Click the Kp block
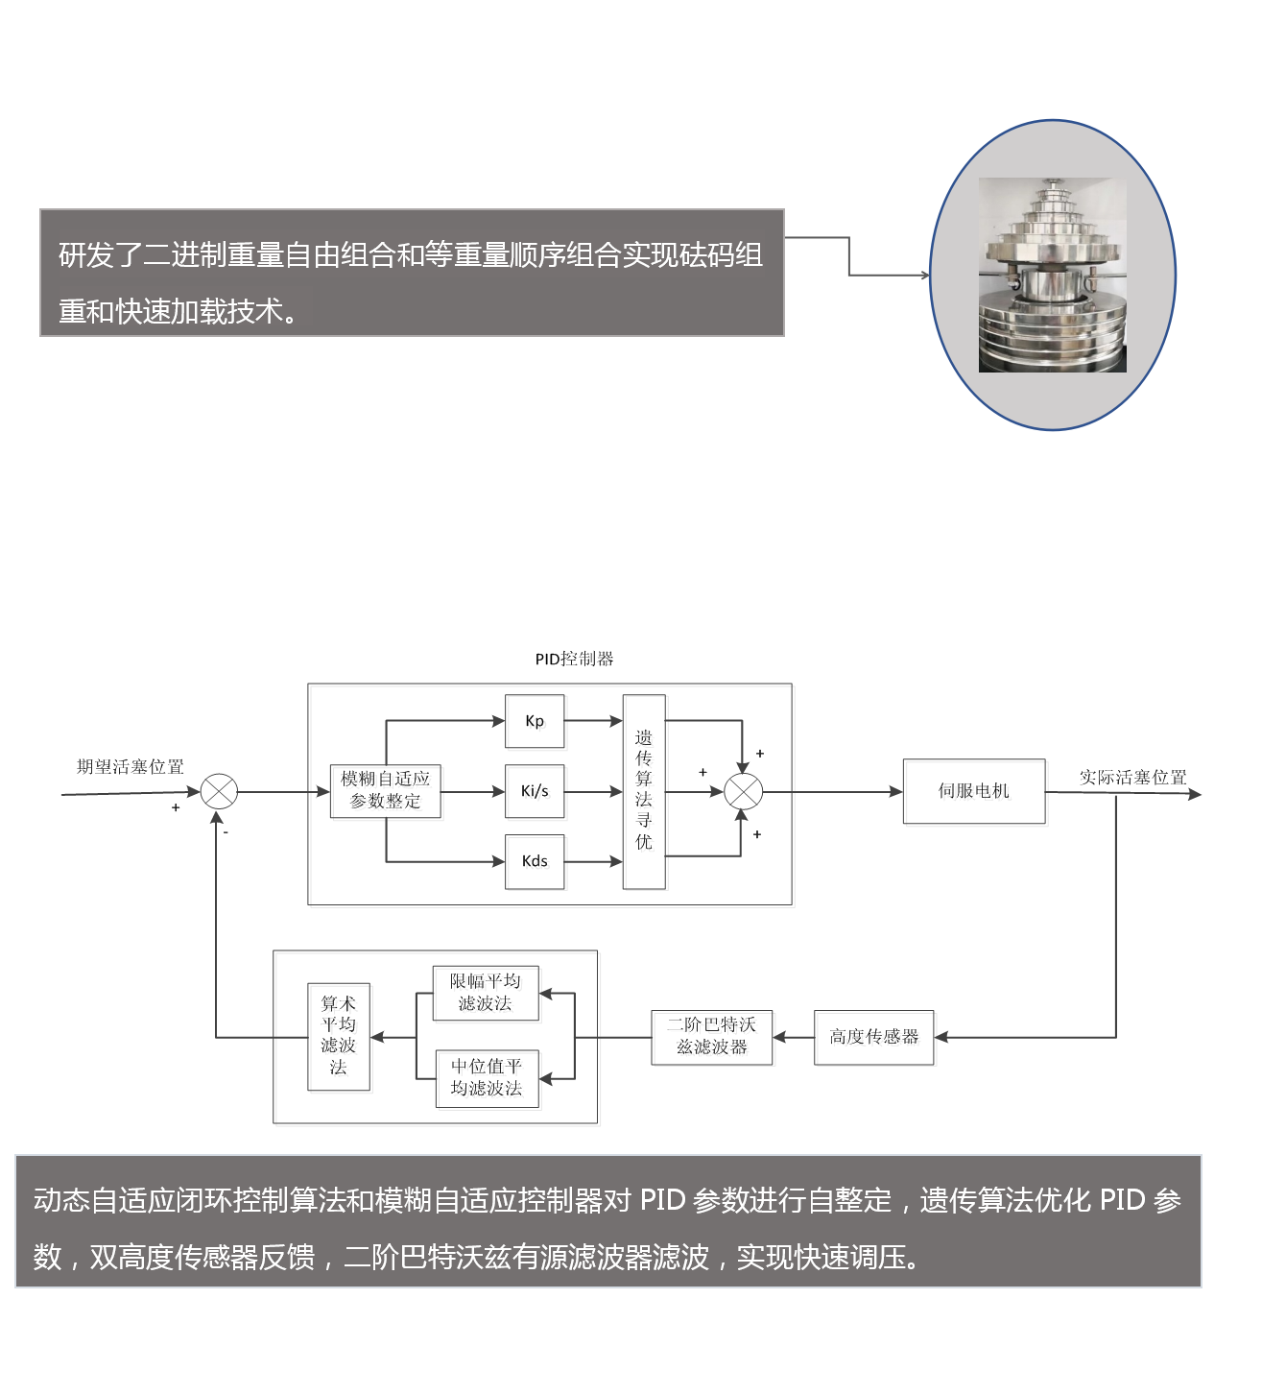pos(535,721)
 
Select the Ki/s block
pos(535,791)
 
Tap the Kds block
pos(535,861)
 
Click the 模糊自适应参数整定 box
pos(385,791)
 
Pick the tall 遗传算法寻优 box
pos(644,791)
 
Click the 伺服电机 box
pos(974,791)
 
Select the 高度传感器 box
pos(873,1037)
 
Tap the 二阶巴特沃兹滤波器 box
pos(711,1037)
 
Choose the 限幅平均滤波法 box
pos(486,993)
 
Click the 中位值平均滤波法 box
pos(487,1078)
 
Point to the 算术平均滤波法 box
pos(338,1036)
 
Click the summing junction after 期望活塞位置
pos(219,792)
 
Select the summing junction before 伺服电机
pos(743,792)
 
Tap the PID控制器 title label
pos(574,659)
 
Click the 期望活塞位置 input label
pos(131,766)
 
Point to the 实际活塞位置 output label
pos(1132,777)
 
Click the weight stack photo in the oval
pos(1052,276)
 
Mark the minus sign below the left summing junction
pos(226,832)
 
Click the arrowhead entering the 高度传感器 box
pos(941,1037)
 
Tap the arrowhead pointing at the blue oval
pos(925,276)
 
